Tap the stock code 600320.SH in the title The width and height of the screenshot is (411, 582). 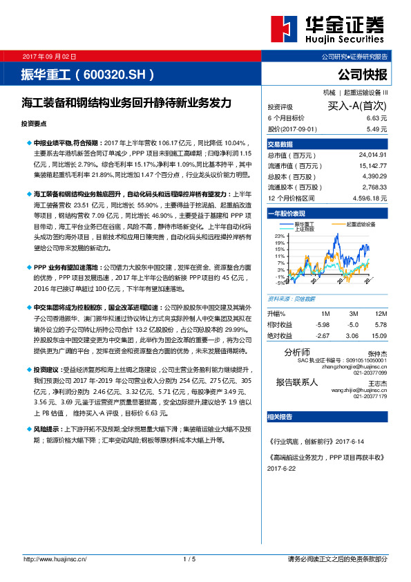point(117,73)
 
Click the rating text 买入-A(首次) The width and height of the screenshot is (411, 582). point(356,106)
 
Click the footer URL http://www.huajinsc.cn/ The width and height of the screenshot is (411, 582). point(54,558)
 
